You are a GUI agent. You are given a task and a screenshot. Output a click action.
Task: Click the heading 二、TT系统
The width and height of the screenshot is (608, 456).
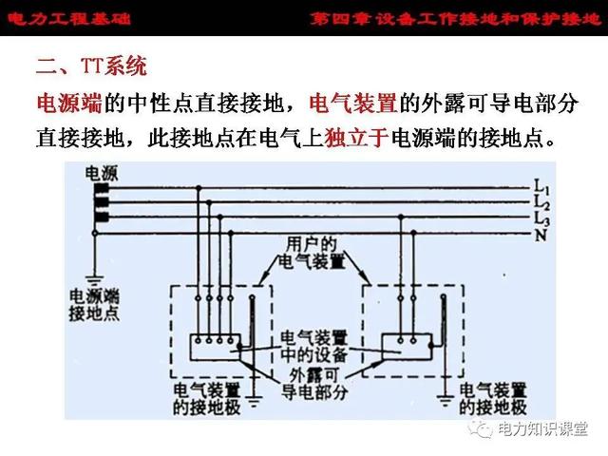[x=91, y=66]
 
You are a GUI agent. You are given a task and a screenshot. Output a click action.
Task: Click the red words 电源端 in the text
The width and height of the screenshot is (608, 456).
[x=69, y=104]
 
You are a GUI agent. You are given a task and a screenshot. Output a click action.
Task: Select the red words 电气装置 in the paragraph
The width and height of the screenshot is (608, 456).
[x=353, y=104]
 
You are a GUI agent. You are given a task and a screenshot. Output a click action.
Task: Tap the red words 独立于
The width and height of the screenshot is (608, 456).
[x=357, y=138]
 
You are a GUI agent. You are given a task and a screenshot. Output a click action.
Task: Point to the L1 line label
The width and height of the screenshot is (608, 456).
[x=541, y=187]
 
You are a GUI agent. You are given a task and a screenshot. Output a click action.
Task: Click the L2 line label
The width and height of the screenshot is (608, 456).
[x=541, y=202]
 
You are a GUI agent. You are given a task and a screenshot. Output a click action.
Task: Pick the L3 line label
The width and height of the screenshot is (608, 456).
[x=541, y=218]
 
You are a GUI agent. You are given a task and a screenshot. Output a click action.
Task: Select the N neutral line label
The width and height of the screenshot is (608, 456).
[x=541, y=235]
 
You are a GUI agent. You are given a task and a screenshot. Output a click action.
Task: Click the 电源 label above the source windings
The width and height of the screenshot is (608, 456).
[x=102, y=173]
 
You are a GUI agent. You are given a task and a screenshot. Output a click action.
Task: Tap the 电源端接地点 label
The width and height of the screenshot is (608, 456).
[x=94, y=305]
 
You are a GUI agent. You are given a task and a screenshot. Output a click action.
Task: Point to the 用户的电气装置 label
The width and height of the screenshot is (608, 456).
[x=312, y=254]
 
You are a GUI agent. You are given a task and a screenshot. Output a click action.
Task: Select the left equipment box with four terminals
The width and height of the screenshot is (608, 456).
[x=215, y=347]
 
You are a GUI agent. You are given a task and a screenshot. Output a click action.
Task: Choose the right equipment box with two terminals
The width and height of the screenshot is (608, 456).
[x=407, y=347]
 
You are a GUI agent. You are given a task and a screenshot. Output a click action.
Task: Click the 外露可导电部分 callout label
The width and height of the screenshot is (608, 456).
[x=313, y=385]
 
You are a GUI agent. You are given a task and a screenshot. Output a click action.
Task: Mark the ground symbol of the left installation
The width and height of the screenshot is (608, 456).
[x=254, y=401]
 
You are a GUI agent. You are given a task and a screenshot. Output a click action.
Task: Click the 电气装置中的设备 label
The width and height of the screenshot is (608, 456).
[x=313, y=346]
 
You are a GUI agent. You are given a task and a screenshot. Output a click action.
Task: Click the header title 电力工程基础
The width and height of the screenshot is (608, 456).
[x=69, y=18]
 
